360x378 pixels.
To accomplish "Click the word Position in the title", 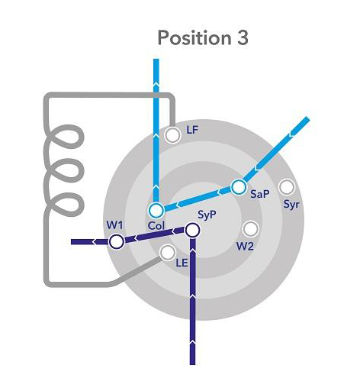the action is pos(194,37).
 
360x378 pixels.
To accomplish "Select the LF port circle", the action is pos(172,134).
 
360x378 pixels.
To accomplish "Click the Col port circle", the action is pos(156,210).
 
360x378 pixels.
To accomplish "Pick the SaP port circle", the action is pos(239,187).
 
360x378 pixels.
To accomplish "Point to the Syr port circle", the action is pos(287,187).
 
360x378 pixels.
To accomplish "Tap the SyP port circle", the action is pos(192,230).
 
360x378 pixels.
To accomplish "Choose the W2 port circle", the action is pos(251,229).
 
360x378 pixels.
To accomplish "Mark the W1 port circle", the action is pos(117,241).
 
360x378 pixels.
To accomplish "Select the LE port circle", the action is pos(168,253).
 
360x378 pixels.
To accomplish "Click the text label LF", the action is pos(192,130).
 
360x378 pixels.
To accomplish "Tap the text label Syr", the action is pos(291,205).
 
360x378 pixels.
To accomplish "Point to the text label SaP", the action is pos(259,194).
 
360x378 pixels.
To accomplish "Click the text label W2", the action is pos(245,246).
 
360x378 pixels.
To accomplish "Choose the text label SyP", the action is pos(207,215).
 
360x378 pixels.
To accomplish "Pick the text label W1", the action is pos(114,225).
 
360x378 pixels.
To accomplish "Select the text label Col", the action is pos(156,226).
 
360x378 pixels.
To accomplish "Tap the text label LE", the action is pos(182,263).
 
